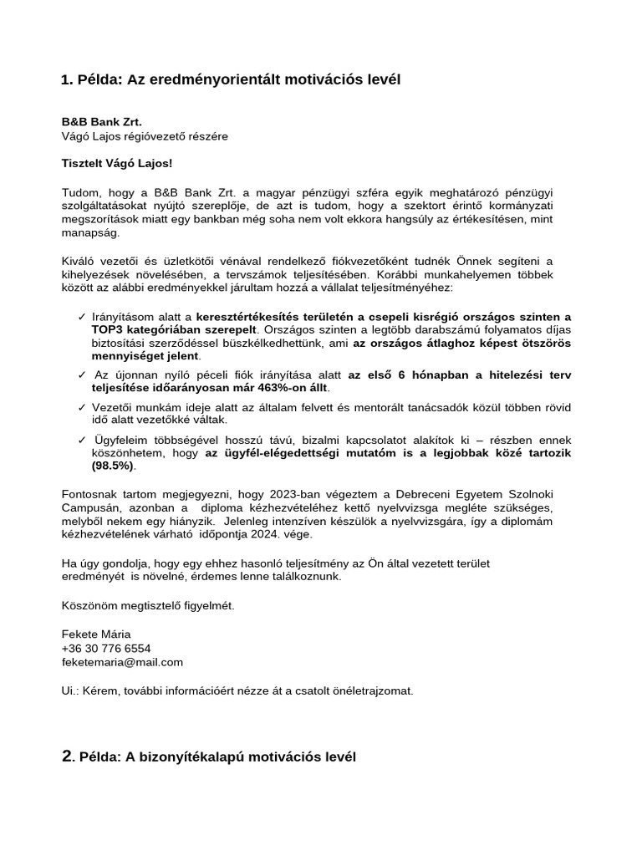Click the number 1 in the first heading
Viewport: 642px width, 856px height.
coord(66,80)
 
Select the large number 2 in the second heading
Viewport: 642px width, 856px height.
coord(68,757)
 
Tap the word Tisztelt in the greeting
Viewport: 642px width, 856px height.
coord(84,163)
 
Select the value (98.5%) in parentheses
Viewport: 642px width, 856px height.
coord(112,466)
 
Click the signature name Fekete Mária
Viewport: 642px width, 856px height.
coord(96,634)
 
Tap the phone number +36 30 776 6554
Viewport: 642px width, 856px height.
coord(106,648)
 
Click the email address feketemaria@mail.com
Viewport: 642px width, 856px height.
coord(122,661)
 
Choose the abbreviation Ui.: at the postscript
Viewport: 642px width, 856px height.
coord(72,690)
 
